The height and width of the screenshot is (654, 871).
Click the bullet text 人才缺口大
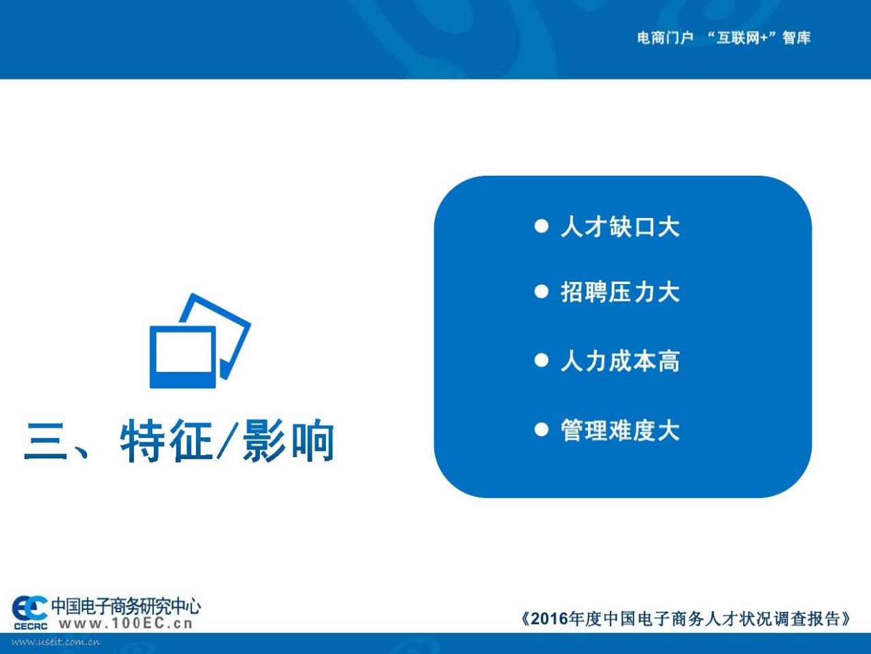pyautogui.click(x=620, y=227)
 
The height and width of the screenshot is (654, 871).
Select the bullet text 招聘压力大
pyautogui.click(x=620, y=292)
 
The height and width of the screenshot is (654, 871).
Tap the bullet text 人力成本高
pyautogui.click(x=620, y=361)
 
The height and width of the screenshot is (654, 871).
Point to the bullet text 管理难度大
pyautogui.click(x=620, y=430)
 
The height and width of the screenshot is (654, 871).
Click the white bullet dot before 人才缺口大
pyautogui.click(x=541, y=226)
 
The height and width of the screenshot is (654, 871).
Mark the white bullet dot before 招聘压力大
pyautogui.click(x=541, y=292)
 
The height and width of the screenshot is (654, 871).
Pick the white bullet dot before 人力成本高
pyautogui.click(x=541, y=360)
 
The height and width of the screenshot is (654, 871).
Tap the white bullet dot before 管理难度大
pyautogui.click(x=541, y=429)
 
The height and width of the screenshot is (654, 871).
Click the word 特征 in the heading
pyautogui.click(x=166, y=441)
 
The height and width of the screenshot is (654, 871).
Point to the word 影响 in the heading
pyautogui.click(x=289, y=441)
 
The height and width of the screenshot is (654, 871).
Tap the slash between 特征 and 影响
pyautogui.click(x=227, y=441)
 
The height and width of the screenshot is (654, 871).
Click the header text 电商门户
pyautogui.click(x=665, y=38)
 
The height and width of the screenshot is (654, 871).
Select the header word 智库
pyautogui.click(x=796, y=38)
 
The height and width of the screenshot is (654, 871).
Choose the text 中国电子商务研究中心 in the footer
pyautogui.click(x=126, y=606)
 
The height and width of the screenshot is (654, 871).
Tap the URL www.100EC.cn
pyautogui.click(x=126, y=624)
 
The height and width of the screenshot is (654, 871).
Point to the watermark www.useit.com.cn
pyautogui.click(x=56, y=642)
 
